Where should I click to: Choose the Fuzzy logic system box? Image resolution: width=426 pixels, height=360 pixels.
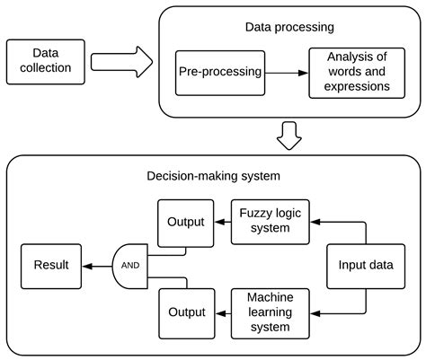coord(263,221)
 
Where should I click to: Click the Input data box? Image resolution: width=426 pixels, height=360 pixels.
coord(365,266)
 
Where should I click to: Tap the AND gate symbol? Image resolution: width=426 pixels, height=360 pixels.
coord(129,266)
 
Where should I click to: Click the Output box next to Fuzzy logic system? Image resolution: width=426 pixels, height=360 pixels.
coord(186,222)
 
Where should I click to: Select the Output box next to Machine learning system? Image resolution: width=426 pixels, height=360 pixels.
coord(186,311)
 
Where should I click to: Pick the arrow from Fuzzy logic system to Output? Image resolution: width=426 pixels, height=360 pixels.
coord(223,221)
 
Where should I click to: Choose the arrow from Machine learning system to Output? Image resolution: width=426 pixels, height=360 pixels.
coord(223,311)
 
